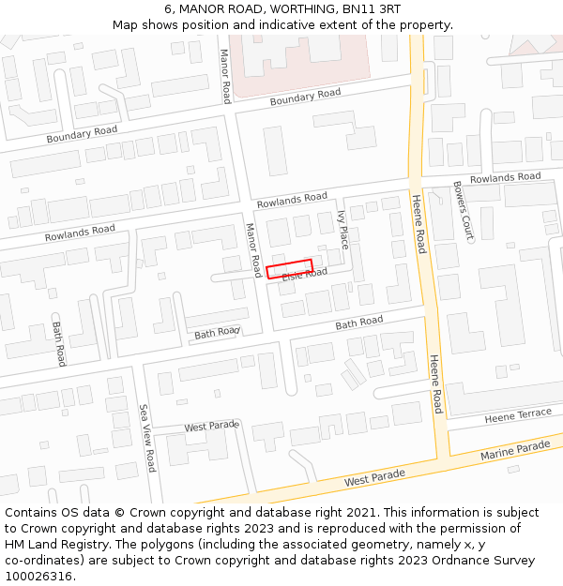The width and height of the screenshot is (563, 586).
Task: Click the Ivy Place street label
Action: (342, 230)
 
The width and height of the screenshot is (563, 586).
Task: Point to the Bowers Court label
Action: (462, 210)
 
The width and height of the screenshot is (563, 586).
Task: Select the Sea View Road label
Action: (147, 438)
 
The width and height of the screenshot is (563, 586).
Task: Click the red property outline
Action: (289, 268)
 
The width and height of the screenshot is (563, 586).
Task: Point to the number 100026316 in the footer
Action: (38, 577)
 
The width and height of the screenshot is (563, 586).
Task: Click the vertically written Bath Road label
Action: (59, 344)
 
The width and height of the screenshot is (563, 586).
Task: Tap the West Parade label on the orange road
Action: (375, 477)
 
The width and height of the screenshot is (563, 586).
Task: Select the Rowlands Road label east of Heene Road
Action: (505, 177)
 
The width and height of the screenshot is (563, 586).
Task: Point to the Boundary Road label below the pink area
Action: (305, 98)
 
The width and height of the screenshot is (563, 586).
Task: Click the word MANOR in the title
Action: (201, 9)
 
